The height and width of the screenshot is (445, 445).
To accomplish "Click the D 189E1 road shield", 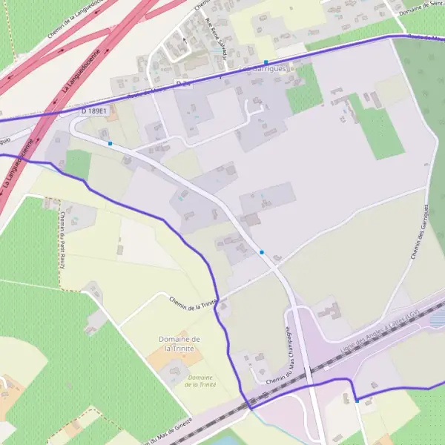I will (95, 111).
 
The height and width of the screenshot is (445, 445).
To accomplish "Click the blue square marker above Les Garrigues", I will (266, 62).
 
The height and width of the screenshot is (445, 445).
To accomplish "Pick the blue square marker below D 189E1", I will (110, 143).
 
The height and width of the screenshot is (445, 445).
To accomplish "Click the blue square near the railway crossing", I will (357, 400).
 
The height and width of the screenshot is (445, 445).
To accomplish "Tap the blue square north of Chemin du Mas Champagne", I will (262, 252).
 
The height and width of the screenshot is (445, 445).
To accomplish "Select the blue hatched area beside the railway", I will (438, 318).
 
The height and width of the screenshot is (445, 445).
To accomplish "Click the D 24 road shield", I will (182, 82).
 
